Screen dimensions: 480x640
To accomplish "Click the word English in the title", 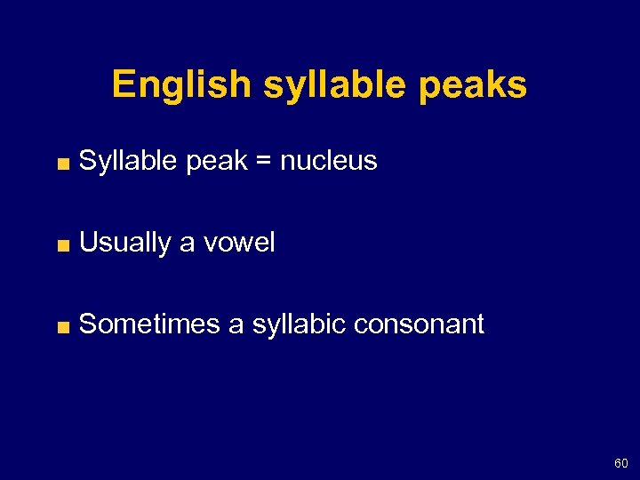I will (181, 85).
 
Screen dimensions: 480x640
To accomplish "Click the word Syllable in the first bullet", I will (128, 162).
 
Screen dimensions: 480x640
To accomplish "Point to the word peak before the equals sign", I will (215, 162).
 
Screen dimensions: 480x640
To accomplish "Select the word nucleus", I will (328, 161).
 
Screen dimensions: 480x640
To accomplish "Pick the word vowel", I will (238, 243).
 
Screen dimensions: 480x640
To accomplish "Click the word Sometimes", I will (149, 324).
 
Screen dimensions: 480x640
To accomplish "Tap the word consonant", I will (419, 324).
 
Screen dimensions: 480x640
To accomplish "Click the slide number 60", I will (620, 463).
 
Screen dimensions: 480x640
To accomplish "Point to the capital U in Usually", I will (88, 243).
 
